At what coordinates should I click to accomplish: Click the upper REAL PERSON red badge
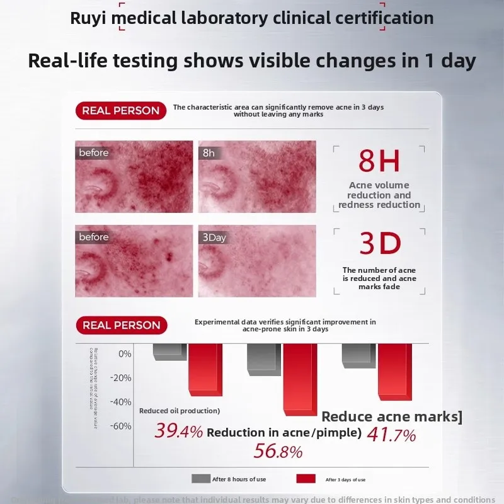click(121, 111)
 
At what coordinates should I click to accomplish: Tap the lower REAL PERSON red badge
click(121, 325)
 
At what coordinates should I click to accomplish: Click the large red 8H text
click(379, 161)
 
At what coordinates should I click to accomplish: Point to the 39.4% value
click(179, 432)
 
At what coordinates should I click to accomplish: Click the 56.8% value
click(278, 451)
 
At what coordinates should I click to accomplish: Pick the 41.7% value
click(391, 435)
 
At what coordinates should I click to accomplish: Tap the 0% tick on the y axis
click(125, 353)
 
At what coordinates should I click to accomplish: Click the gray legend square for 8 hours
click(200, 479)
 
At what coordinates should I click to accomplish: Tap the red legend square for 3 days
click(306, 479)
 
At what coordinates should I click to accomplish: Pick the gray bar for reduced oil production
click(169, 352)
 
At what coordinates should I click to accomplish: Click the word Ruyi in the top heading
click(89, 18)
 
